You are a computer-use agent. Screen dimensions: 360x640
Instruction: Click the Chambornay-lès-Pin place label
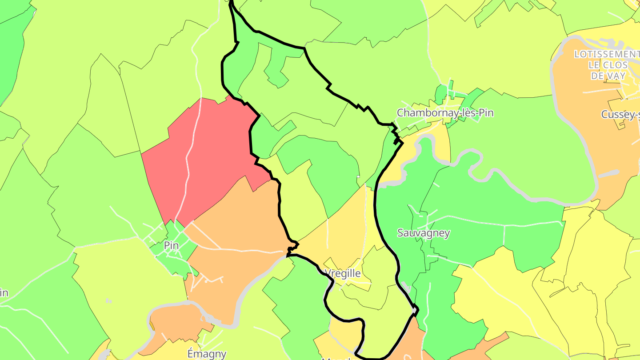click(x=445, y=113)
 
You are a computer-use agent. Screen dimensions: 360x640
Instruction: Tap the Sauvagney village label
click(x=424, y=233)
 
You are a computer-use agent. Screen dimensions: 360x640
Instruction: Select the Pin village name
click(x=171, y=245)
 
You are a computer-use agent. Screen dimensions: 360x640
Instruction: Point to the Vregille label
click(x=342, y=273)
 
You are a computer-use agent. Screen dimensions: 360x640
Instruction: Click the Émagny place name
click(x=207, y=354)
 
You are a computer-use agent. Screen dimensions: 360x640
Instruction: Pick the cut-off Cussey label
click(x=620, y=115)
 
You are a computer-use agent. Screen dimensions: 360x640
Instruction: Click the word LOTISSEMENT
click(x=606, y=54)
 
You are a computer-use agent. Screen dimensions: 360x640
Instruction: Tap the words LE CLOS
click(x=608, y=65)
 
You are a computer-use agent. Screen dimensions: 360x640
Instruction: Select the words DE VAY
click(x=609, y=76)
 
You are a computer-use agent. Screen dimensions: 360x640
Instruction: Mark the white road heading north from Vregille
click(x=366, y=222)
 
